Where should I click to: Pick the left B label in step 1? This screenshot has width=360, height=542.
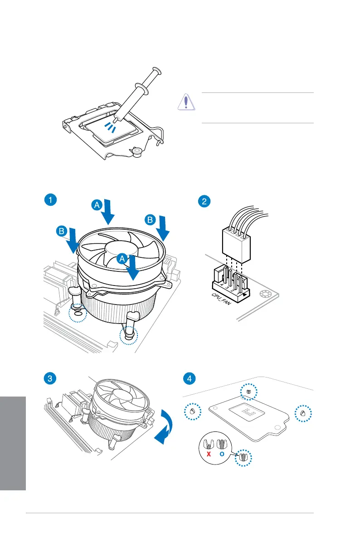click(62, 232)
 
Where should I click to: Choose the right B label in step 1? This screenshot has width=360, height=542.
click(150, 220)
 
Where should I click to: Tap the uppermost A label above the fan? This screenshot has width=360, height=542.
click(97, 205)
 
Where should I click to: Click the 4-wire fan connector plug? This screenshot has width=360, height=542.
click(236, 245)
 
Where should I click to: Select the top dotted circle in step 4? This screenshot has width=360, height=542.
click(248, 392)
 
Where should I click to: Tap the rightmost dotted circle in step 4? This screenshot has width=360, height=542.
click(303, 413)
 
